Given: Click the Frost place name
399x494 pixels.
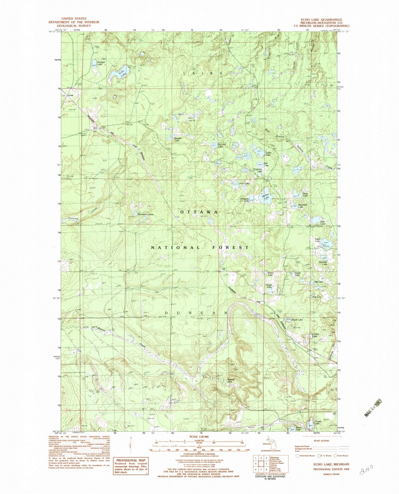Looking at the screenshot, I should click(71, 95).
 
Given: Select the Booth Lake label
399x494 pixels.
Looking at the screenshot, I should click(297, 320).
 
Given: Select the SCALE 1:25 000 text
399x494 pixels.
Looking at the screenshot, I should click(199, 437).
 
